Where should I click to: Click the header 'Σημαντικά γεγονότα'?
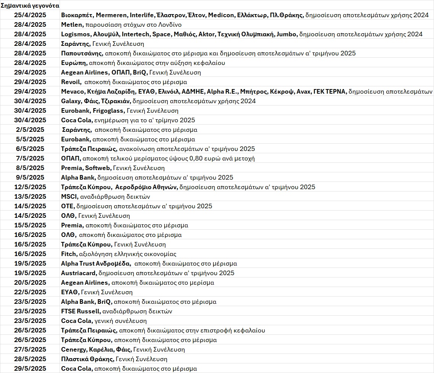click(30, 6)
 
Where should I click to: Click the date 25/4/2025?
click(30, 15)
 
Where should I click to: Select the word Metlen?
click(71, 25)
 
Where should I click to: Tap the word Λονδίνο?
click(164, 25)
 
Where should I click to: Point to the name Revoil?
click(71, 82)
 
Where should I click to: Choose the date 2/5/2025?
click(30, 130)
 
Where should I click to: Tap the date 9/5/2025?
click(30, 178)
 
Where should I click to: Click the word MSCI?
click(69, 197)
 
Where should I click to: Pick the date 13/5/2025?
click(30, 197)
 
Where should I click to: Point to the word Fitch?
click(69, 254)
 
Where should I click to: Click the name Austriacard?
click(79, 273)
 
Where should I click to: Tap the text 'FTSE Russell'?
click(81, 311)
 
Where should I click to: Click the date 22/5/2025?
click(30, 292)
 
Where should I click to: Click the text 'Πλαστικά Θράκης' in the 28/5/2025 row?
click(87, 359)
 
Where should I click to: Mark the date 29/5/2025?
click(30, 369)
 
